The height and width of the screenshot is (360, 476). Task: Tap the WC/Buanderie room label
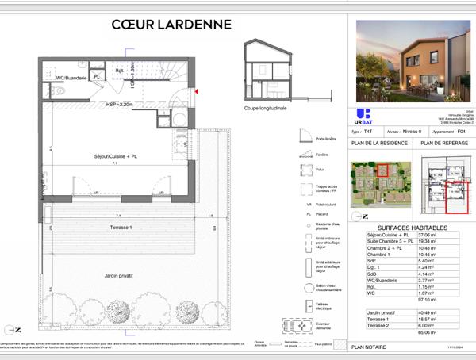tap(68, 77)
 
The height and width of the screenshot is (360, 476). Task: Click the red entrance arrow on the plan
tap(195, 92)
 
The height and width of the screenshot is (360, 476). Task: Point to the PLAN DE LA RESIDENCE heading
tap(380, 144)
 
